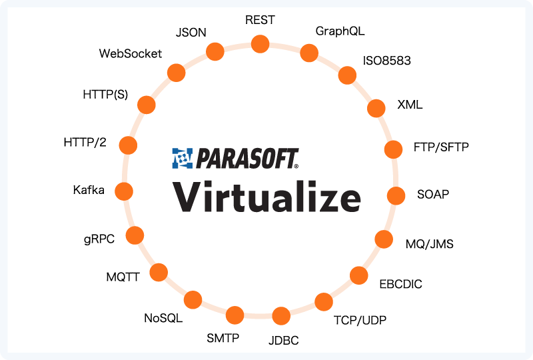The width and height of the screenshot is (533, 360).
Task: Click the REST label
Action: click(x=260, y=20)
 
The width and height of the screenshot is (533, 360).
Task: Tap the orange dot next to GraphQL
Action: click(x=309, y=53)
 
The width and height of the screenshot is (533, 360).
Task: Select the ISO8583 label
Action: click(x=387, y=61)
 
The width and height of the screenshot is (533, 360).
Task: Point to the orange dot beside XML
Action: click(x=376, y=108)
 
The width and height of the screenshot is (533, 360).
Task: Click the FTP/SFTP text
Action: click(x=441, y=147)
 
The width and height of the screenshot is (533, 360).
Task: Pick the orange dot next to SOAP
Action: click(x=396, y=195)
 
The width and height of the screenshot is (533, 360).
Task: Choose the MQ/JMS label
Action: click(x=430, y=244)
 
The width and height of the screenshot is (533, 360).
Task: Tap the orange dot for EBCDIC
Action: click(x=359, y=275)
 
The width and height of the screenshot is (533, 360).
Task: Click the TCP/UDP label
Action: click(x=360, y=320)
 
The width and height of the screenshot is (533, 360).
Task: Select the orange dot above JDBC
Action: click(x=281, y=316)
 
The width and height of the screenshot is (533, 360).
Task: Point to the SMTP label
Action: click(x=223, y=338)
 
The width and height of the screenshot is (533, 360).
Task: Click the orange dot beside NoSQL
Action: click(x=193, y=300)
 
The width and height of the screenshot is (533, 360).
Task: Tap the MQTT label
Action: click(x=123, y=277)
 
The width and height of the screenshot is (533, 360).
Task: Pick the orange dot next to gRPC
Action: click(x=135, y=235)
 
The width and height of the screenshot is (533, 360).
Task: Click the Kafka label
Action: click(x=89, y=190)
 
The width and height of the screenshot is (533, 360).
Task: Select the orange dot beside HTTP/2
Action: click(x=128, y=145)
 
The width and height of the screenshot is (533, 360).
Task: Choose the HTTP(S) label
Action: click(x=105, y=94)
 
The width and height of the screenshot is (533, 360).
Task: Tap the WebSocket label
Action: click(x=131, y=53)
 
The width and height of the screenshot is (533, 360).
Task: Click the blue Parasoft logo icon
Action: click(x=183, y=158)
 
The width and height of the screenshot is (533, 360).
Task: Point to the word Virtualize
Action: click(x=267, y=197)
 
